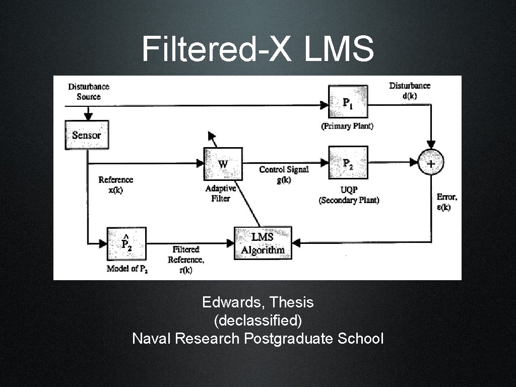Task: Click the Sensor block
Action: point(87,135)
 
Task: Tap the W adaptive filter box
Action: point(223,164)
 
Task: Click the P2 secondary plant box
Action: point(348,162)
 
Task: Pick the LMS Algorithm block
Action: point(263,243)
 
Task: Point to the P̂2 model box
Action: point(126,244)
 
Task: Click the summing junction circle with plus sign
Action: point(431,163)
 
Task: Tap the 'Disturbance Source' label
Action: point(89,91)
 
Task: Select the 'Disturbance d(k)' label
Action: point(410,91)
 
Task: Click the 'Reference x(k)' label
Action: point(115,185)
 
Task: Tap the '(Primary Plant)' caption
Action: point(347,126)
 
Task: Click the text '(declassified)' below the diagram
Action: point(257,320)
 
